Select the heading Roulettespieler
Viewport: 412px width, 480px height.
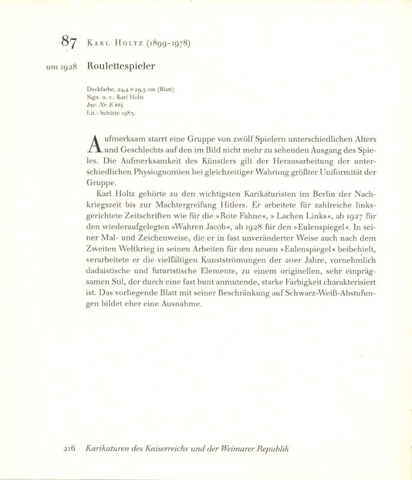tap(121, 67)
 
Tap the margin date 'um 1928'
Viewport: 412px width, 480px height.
tap(61, 67)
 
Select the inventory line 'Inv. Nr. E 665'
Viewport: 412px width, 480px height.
tap(105, 104)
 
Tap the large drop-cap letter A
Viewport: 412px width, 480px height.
tap(94, 143)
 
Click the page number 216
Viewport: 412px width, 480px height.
tap(68, 449)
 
